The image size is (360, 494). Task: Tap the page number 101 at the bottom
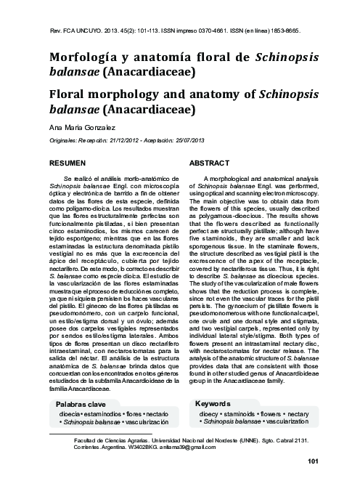[x=314, y=461]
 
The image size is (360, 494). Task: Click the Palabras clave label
[x=81, y=404]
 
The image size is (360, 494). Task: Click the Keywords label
[x=216, y=403]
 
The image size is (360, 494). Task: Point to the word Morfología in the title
[x=82, y=57]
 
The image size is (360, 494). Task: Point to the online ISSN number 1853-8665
[x=287, y=31]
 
